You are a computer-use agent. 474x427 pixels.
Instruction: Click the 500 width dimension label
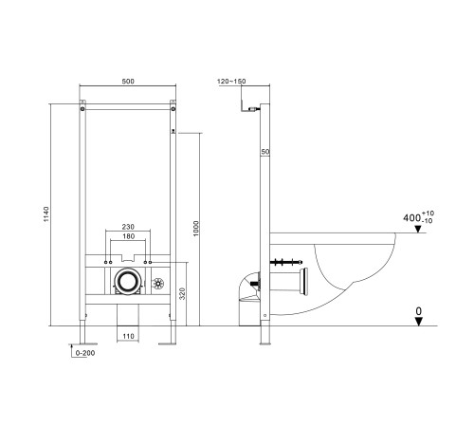[x=128, y=82]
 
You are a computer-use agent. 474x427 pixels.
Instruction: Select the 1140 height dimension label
[x=46, y=214]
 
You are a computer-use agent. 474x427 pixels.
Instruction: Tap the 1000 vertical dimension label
[x=196, y=229]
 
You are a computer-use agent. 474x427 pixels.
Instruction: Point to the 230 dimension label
[x=128, y=227]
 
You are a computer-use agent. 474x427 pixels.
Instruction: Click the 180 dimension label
[x=128, y=236]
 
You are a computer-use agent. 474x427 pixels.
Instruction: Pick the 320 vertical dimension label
[x=182, y=293]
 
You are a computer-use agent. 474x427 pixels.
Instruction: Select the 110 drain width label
[x=128, y=336]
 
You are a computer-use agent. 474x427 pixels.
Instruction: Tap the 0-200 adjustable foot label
[x=85, y=353]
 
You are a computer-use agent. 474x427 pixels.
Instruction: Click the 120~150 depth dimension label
[x=231, y=82]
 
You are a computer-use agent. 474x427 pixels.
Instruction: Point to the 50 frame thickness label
[x=265, y=152]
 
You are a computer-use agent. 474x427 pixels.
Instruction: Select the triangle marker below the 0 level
[x=419, y=322]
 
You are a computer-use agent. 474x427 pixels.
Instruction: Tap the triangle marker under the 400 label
[x=418, y=229]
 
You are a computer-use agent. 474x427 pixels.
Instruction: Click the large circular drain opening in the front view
[x=127, y=282]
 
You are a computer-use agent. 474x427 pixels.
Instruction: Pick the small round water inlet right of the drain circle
[x=157, y=284]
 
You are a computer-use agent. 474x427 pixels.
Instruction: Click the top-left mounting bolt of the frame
[x=82, y=109]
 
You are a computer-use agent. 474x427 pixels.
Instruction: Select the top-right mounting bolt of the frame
[x=173, y=109]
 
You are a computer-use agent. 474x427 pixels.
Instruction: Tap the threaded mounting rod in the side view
[x=286, y=262]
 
